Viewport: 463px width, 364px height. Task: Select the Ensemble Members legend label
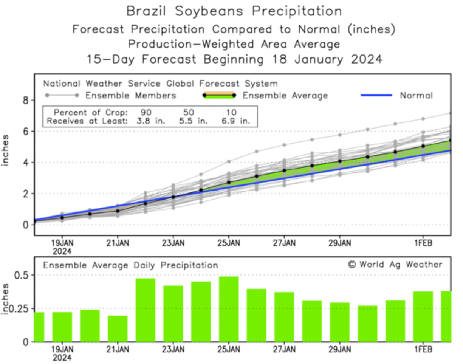pyautogui.click(x=130, y=95)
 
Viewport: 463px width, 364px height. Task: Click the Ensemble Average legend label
pyautogui.click(x=285, y=95)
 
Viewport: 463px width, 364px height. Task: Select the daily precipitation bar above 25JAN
pyautogui.click(x=229, y=309)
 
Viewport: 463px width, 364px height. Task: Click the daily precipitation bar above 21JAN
pyautogui.click(x=118, y=328)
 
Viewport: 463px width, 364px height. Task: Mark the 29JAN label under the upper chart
pyautogui.click(x=339, y=243)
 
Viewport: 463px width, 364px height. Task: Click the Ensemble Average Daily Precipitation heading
pyautogui.click(x=130, y=265)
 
